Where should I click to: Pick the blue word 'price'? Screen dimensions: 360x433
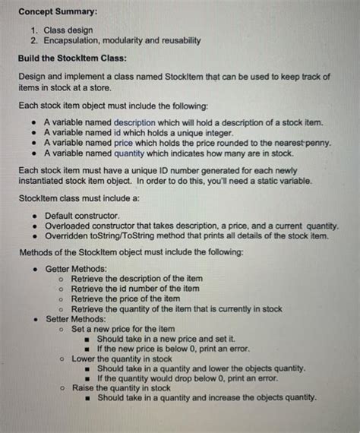126,142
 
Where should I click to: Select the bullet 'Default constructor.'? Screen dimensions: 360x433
89,216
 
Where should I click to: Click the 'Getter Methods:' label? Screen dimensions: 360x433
77,269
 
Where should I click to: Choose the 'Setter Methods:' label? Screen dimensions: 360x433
75,319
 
